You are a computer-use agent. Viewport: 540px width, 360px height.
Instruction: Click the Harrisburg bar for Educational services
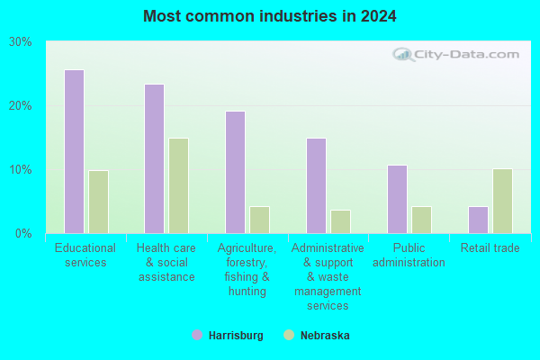pyautogui.click(x=75, y=151)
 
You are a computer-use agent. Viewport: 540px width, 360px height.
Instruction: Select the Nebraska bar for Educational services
pyautogui.click(x=98, y=202)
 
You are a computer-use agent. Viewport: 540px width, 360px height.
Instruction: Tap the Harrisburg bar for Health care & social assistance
pyautogui.click(x=155, y=158)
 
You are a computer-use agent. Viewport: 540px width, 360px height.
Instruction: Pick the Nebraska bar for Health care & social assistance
pyautogui.click(x=179, y=185)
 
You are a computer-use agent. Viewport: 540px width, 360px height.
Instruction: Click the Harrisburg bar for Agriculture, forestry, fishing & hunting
pyautogui.click(x=236, y=172)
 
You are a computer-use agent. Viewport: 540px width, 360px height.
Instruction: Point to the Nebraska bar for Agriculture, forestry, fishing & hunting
pyautogui.click(x=260, y=220)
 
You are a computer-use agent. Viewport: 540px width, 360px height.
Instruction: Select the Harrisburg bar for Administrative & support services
pyautogui.click(x=317, y=185)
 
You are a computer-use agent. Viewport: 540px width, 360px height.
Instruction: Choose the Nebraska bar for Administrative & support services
pyautogui.click(x=340, y=221)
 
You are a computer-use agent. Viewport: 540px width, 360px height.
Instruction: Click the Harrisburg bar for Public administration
pyautogui.click(x=398, y=199)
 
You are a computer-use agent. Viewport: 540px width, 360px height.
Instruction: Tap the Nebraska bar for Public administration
pyautogui.click(x=421, y=220)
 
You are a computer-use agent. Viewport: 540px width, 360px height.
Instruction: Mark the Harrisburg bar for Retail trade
pyautogui.click(x=479, y=220)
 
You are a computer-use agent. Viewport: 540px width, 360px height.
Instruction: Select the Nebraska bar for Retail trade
pyautogui.click(x=502, y=201)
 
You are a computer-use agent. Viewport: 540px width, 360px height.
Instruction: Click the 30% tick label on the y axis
pyautogui.click(x=21, y=42)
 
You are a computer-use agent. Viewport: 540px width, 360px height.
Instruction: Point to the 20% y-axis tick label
pyautogui.click(x=21, y=106)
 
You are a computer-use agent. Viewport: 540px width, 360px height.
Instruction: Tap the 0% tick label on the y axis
pyautogui.click(x=23, y=234)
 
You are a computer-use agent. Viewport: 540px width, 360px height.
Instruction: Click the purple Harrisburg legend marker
pyautogui.click(x=197, y=335)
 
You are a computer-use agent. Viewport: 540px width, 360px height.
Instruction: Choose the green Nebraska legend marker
pyautogui.click(x=289, y=335)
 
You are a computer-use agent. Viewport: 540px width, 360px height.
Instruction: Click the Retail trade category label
pyautogui.click(x=490, y=248)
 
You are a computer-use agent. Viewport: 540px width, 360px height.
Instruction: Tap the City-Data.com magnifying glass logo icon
pyautogui.click(x=403, y=54)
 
